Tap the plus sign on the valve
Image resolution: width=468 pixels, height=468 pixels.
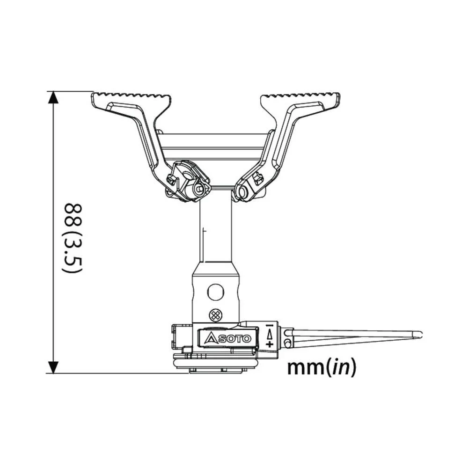coord(270,344)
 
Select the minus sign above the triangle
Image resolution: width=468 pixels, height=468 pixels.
coord(270,326)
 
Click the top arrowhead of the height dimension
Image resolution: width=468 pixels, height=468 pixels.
coord(54,97)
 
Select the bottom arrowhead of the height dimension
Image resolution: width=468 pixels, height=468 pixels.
coord(54,367)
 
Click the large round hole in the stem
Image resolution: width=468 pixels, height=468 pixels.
coord(216,292)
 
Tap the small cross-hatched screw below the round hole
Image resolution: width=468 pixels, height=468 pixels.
coord(215,314)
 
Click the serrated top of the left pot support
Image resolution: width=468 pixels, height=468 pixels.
coord(131,98)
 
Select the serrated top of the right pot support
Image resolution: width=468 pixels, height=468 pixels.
coord(300,98)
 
